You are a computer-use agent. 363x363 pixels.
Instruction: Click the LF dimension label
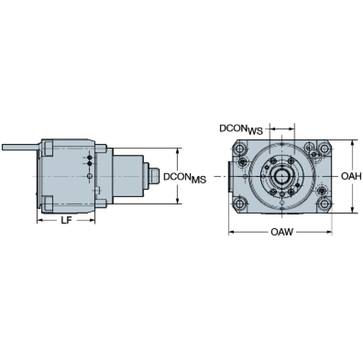click(66, 221)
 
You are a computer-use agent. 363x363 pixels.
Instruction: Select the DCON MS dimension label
click(185, 178)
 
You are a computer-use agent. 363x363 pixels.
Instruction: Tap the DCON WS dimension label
click(241, 129)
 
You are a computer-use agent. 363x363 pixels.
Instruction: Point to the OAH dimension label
click(351, 177)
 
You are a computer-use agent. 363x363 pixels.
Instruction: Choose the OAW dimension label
click(282, 232)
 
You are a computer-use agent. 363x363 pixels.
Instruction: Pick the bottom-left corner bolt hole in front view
click(239, 204)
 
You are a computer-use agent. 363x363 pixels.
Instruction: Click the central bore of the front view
click(282, 177)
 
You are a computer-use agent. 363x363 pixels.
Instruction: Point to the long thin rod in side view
click(20, 147)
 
